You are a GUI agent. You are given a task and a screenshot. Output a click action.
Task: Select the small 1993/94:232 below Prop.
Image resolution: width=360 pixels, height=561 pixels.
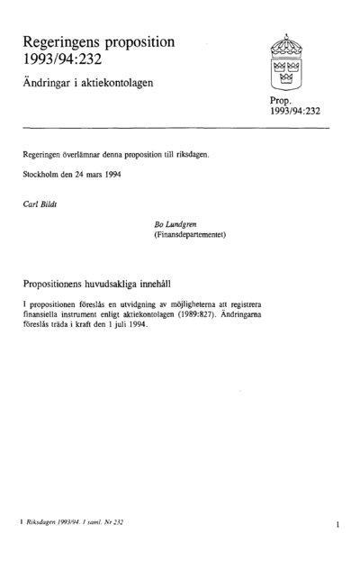(295, 113)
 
